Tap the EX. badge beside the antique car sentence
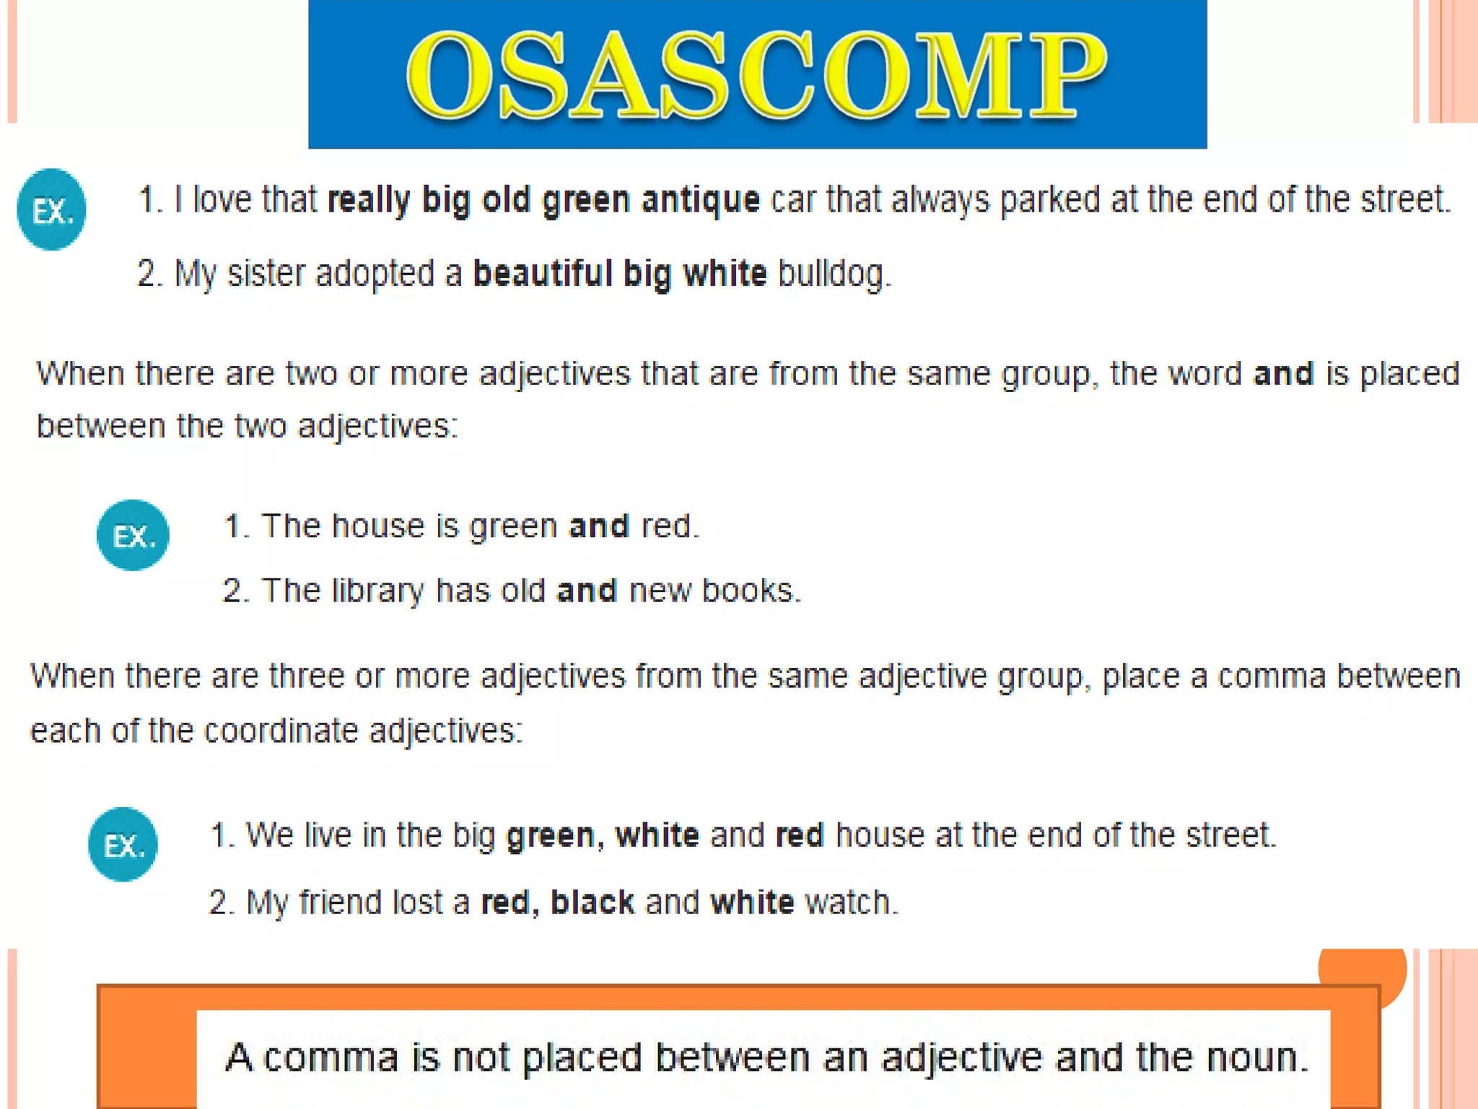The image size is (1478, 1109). (52, 209)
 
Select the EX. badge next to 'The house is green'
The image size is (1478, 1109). (133, 535)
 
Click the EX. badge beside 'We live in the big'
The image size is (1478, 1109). (123, 844)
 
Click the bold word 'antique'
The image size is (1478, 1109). (700, 200)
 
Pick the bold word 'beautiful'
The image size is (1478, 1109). (542, 274)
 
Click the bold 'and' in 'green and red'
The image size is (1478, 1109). (598, 526)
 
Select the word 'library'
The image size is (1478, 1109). (377, 591)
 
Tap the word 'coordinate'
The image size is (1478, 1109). (281, 731)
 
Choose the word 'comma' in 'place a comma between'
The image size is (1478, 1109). (1272, 677)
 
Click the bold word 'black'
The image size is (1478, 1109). (592, 903)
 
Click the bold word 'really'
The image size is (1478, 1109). (369, 200)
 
